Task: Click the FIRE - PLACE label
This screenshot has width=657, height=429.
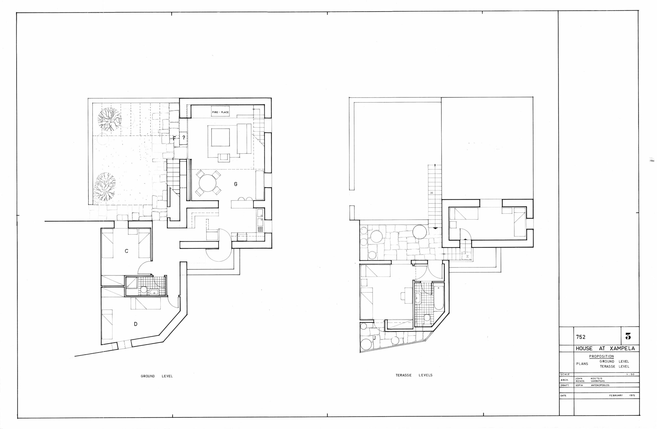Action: (220, 112)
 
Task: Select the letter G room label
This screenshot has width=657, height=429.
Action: (236, 184)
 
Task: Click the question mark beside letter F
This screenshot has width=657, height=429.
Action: (183, 137)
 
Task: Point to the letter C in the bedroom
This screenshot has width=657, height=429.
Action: (127, 251)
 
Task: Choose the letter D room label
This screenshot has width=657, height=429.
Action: (136, 324)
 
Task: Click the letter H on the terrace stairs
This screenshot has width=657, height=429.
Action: (431, 193)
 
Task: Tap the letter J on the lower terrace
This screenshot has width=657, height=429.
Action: (375, 337)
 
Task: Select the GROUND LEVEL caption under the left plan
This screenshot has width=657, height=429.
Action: (157, 376)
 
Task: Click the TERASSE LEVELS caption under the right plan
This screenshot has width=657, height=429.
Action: (414, 375)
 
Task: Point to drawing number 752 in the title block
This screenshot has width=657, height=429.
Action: (581, 337)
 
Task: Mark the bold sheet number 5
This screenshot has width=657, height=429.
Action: (628, 337)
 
